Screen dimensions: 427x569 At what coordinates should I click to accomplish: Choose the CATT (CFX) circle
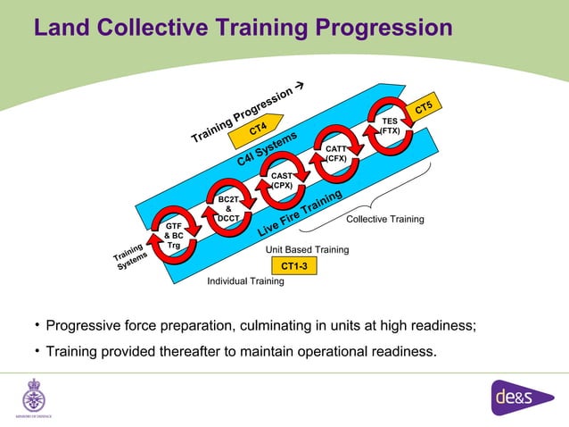click(336, 154)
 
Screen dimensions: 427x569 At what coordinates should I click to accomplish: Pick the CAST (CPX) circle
click(282, 181)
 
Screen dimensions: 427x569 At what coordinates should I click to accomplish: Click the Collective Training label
click(384, 219)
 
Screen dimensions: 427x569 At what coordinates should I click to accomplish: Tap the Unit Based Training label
click(308, 250)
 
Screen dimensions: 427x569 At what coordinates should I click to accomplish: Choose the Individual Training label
click(245, 281)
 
